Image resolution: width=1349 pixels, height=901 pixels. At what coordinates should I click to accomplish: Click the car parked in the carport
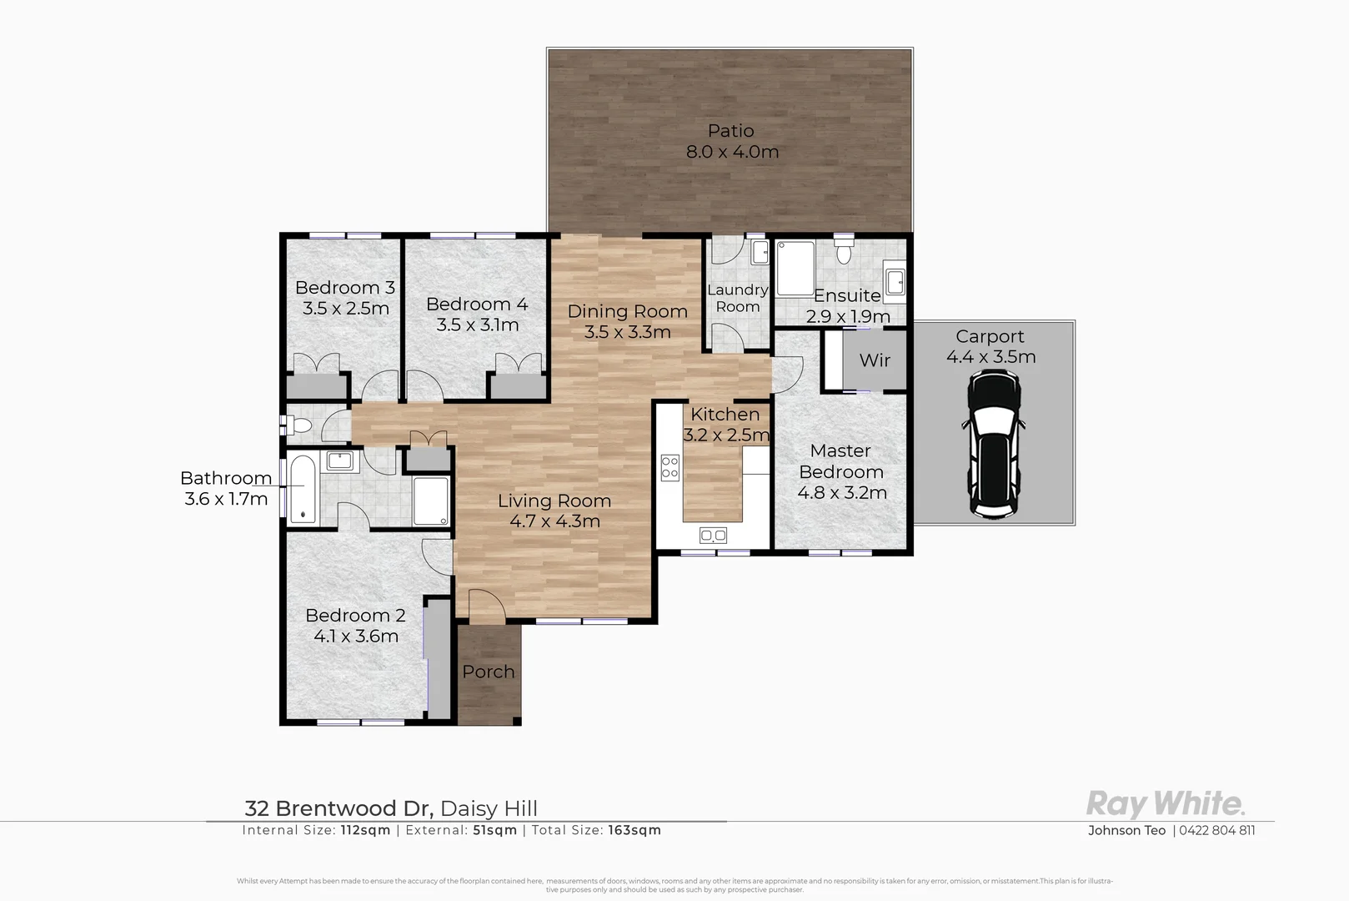[x=993, y=445]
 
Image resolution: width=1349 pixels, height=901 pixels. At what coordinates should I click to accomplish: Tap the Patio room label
[x=730, y=131]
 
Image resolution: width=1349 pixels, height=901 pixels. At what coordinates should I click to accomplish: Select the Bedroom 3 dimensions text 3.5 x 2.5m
[x=345, y=309]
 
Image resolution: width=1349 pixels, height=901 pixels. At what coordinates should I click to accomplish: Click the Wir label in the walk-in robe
[x=875, y=360]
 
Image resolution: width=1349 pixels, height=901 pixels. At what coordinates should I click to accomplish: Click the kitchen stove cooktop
[x=669, y=467]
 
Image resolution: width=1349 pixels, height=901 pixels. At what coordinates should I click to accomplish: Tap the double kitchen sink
[x=713, y=535]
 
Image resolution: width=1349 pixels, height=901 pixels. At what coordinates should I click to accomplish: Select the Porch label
[x=489, y=672]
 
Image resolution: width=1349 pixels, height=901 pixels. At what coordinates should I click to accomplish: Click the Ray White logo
[x=1165, y=804]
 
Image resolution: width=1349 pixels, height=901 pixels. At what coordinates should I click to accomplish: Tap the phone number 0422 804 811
[x=1216, y=830]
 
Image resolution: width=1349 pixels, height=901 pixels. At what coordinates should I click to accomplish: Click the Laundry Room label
[x=737, y=298]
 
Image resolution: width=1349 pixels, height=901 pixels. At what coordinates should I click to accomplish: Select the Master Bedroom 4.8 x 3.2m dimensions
[x=841, y=493]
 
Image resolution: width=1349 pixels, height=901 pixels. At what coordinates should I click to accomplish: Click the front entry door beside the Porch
[x=486, y=607]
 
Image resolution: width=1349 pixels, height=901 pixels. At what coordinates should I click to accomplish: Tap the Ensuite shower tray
[x=794, y=269]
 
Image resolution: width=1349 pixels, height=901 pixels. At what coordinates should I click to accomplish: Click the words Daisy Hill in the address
[x=489, y=808]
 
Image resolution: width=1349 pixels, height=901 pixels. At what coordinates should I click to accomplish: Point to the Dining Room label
[x=627, y=311]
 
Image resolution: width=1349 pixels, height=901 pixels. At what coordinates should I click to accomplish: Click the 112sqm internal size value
[x=364, y=830]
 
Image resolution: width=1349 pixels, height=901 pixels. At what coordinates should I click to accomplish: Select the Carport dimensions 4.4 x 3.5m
[x=990, y=357]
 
